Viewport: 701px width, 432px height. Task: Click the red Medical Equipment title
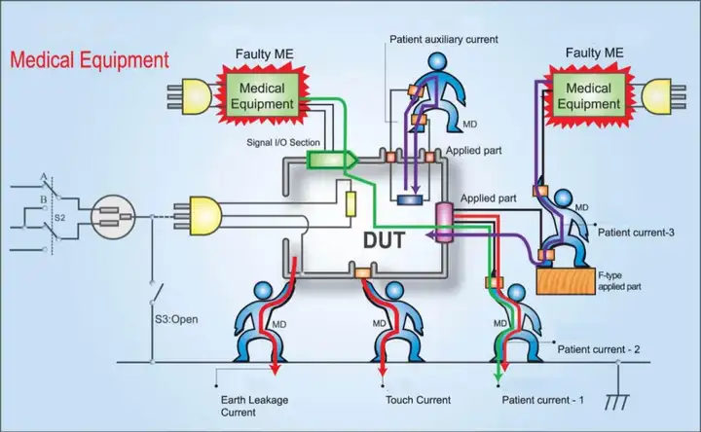(90, 60)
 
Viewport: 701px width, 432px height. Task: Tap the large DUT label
(384, 240)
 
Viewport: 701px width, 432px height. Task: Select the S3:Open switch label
(176, 319)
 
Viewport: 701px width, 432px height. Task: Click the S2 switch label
(60, 218)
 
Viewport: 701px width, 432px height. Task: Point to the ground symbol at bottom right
(617, 401)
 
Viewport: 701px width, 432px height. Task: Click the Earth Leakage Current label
(254, 406)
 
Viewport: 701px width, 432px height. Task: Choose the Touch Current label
(418, 400)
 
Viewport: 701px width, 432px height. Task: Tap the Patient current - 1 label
(542, 400)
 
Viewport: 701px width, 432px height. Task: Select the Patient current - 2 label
(599, 349)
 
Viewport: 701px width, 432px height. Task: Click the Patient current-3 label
(636, 233)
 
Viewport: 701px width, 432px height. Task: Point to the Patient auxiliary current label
(444, 39)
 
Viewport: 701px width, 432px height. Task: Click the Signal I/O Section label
(283, 142)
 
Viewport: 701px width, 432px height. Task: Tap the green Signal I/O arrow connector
(332, 160)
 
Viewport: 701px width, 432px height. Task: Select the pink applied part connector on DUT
(444, 223)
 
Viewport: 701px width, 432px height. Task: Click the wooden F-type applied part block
(566, 281)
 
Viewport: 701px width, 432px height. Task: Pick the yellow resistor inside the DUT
(350, 204)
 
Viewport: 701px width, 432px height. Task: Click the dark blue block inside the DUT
(410, 199)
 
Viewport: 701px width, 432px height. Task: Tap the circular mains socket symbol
(113, 217)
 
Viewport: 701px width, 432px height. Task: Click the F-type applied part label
(619, 281)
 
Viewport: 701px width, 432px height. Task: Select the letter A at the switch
(44, 177)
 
